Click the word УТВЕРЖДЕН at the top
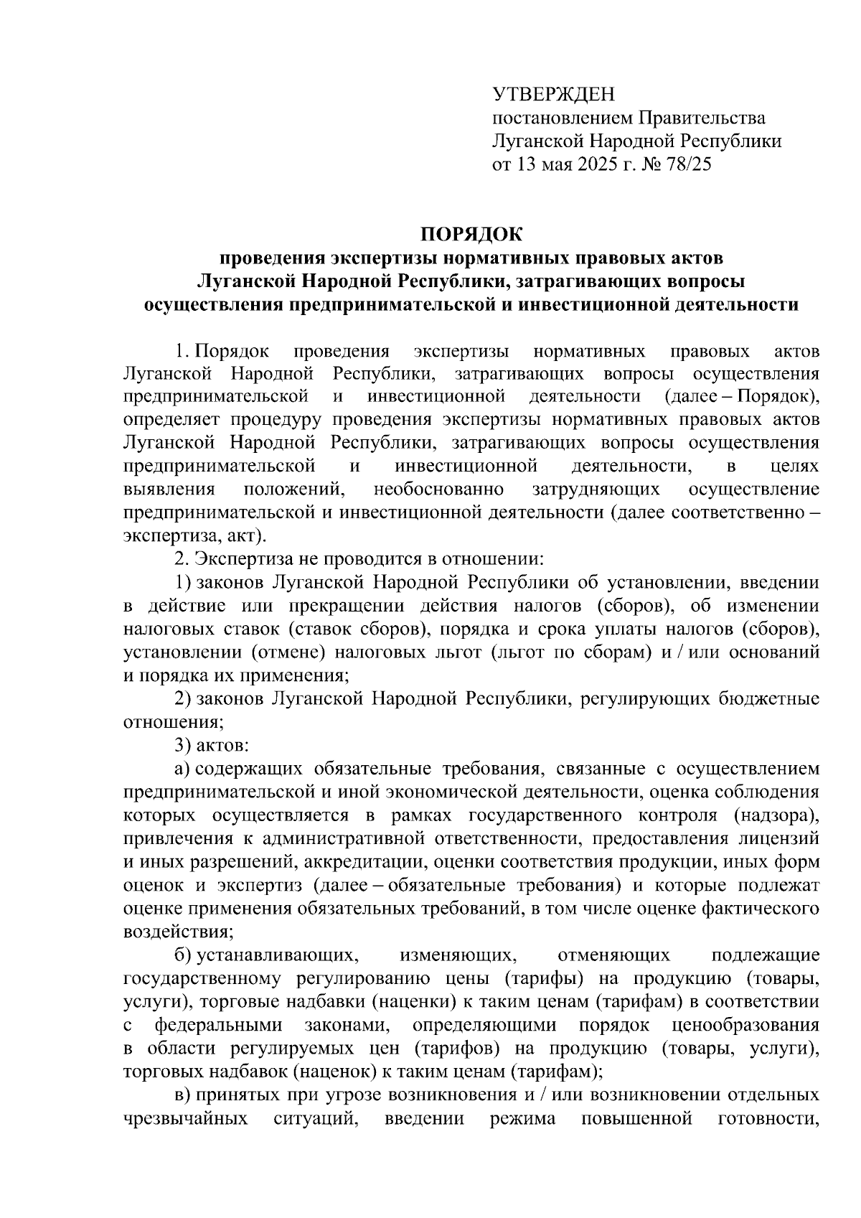(x=553, y=94)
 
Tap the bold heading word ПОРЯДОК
(x=471, y=234)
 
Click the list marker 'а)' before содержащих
(x=182, y=769)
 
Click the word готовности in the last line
(x=768, y=1118)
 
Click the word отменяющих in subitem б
(x=613, y=955)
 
